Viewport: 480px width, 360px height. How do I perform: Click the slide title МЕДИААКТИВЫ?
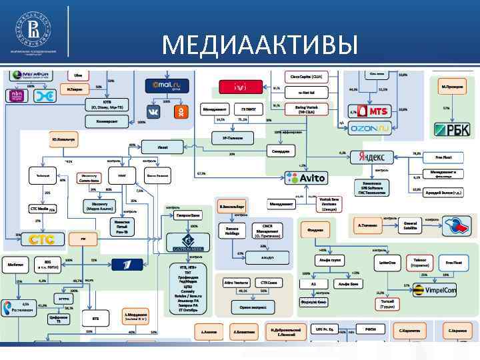(260, 45)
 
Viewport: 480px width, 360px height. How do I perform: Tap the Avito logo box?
(306, 178)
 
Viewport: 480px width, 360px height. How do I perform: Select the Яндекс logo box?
(371, 157)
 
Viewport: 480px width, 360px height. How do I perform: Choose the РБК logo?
(452, 129)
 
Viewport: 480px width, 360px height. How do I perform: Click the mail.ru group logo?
(168, 85)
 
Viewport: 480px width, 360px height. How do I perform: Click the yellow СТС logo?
(41, 239)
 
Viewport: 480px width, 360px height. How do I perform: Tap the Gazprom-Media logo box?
(187, 242)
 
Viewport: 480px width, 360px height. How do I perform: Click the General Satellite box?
(411, 226)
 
